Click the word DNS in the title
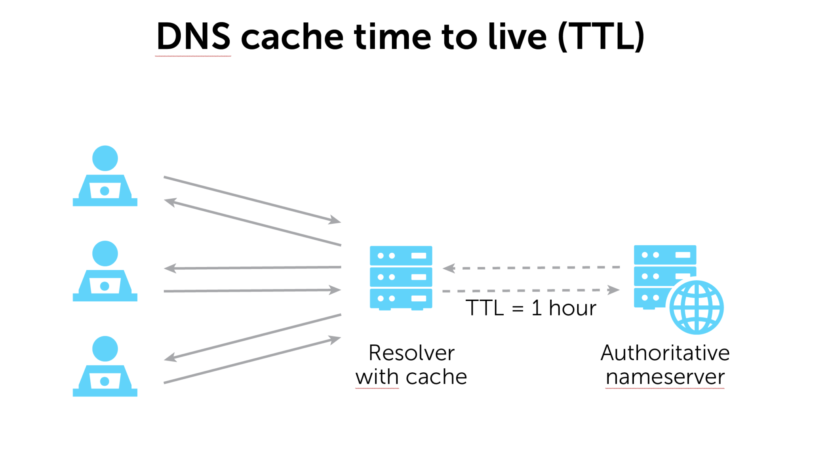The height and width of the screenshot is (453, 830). point(193,36)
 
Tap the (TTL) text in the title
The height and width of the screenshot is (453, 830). point(601,36)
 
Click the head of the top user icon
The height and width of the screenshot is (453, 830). point(105,158)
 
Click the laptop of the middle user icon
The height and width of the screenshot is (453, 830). point(105,286)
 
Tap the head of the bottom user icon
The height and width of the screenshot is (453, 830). point(105,349)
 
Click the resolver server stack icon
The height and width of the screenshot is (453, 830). point(401,277)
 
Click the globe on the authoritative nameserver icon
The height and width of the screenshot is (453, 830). point(696,307)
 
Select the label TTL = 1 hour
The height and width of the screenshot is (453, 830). point(531,308)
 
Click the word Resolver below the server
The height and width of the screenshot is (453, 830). point(411,353)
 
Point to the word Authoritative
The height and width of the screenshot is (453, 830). point(665,353)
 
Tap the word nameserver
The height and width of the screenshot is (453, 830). point(665,377)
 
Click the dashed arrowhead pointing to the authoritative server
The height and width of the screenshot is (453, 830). point(614,290)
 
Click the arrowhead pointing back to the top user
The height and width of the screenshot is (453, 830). point(170,202)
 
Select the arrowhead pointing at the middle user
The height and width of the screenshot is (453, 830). point(170,268)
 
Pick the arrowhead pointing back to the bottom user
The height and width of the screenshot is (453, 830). point(170,358)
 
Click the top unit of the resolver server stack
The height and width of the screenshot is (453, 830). point(401,255)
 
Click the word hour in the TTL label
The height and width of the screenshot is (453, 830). point(572,308)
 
